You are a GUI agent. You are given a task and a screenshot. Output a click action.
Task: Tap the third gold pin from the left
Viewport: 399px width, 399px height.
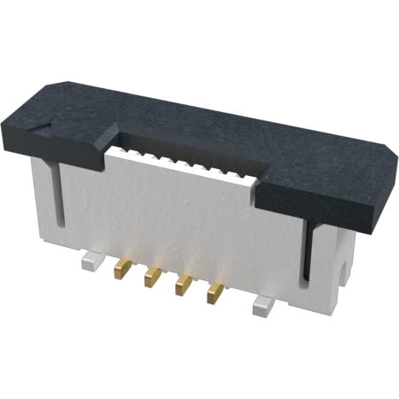[182, 285]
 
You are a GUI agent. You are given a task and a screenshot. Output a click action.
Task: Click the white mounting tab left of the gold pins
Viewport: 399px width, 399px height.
[90, 260]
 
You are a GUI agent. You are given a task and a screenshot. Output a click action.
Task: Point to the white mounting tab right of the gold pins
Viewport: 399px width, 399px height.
[262, 303]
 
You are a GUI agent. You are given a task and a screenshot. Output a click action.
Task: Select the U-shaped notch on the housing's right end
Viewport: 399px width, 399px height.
[346, 273]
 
